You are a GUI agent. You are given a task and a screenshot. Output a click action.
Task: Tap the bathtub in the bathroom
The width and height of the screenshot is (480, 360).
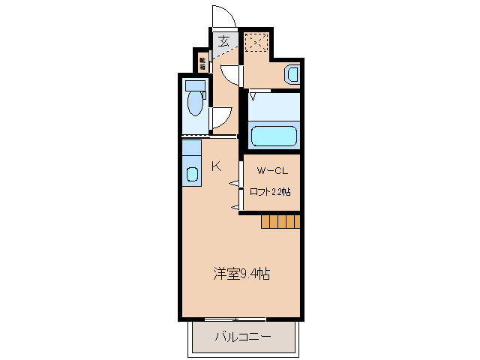274,136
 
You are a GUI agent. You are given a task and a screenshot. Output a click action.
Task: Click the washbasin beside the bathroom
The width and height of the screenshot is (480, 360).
292,73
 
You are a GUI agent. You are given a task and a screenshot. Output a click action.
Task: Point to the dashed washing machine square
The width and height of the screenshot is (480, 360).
256,43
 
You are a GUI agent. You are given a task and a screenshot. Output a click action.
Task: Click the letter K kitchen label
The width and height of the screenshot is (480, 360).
216,166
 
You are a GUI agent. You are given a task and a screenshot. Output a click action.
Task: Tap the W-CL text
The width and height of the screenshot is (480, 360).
269,171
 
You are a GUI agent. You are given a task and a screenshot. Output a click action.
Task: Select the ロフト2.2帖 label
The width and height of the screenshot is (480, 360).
270,191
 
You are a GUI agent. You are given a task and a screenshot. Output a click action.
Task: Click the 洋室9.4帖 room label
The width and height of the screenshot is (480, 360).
240,274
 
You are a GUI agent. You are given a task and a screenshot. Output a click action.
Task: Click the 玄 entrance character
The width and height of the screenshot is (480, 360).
224,41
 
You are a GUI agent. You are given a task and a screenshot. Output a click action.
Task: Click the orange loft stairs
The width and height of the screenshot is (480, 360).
280,220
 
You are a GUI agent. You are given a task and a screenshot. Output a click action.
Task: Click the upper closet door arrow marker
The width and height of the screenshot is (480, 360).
233,184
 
